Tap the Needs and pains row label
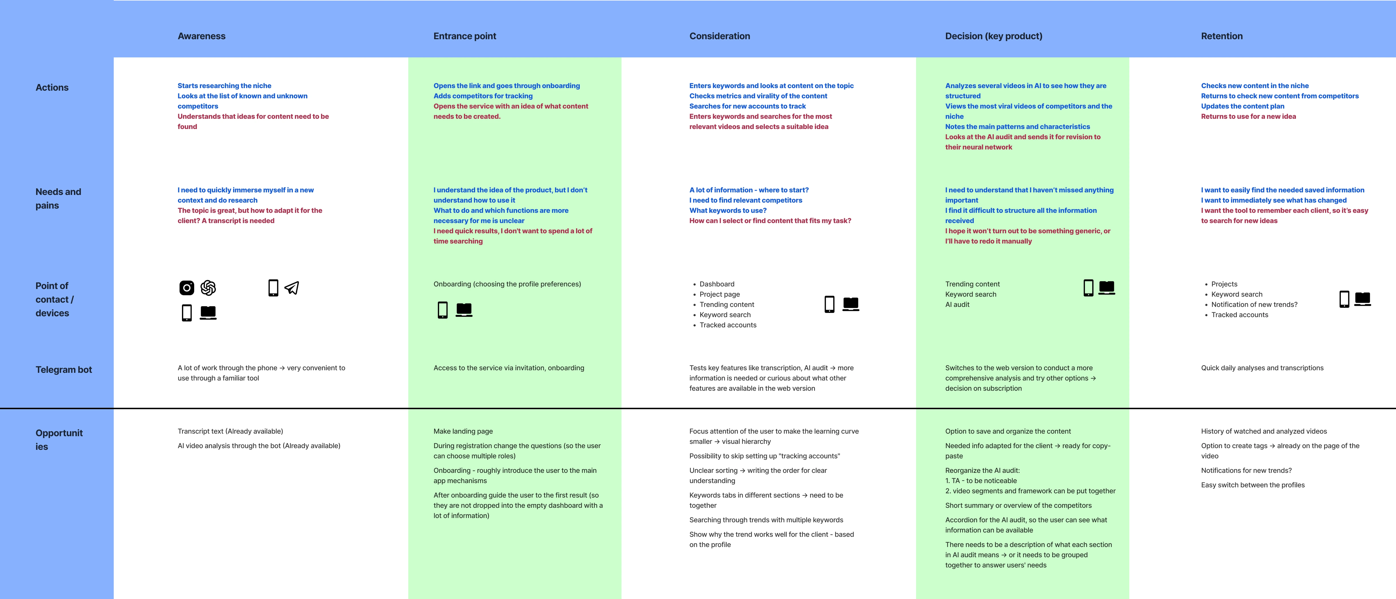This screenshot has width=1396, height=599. click(x=58, y=199)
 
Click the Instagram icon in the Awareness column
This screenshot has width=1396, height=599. click(x=187, y=288)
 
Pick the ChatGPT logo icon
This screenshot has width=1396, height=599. click(x=208, y=288)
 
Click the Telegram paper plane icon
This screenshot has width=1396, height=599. click(x=291, y=288)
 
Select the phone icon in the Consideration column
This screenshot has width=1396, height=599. click(x=829, y=304)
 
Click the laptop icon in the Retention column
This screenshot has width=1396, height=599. click(x=1362, y=298)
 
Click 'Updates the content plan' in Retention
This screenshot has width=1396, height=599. click(x=1242, y=106)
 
